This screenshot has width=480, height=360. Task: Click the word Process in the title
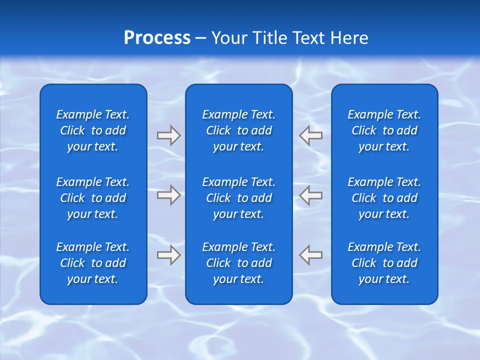click(157, 38)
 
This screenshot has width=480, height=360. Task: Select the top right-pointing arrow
click(169, 135)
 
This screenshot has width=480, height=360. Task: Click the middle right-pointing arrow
click(169, 195)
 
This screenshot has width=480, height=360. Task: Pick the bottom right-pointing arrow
click(169, 254)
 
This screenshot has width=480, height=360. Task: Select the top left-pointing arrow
click(311, 135)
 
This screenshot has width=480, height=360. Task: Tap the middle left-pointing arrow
click(311, 195)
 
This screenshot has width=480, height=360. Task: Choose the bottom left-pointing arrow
click(311, 254)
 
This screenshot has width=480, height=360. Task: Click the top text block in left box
click(93, 130)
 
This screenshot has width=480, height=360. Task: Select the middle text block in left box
click(93, 198)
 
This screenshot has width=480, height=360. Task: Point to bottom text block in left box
click(93, 263)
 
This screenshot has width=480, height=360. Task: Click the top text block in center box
click(238, 130)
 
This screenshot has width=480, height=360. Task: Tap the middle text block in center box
click(238, 198)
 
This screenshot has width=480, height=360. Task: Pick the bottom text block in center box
click(238, 263)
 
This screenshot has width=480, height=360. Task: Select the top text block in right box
click(384, 130)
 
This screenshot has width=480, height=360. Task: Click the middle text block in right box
click(384, 198)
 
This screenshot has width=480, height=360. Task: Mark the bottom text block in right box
click(384, 263)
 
